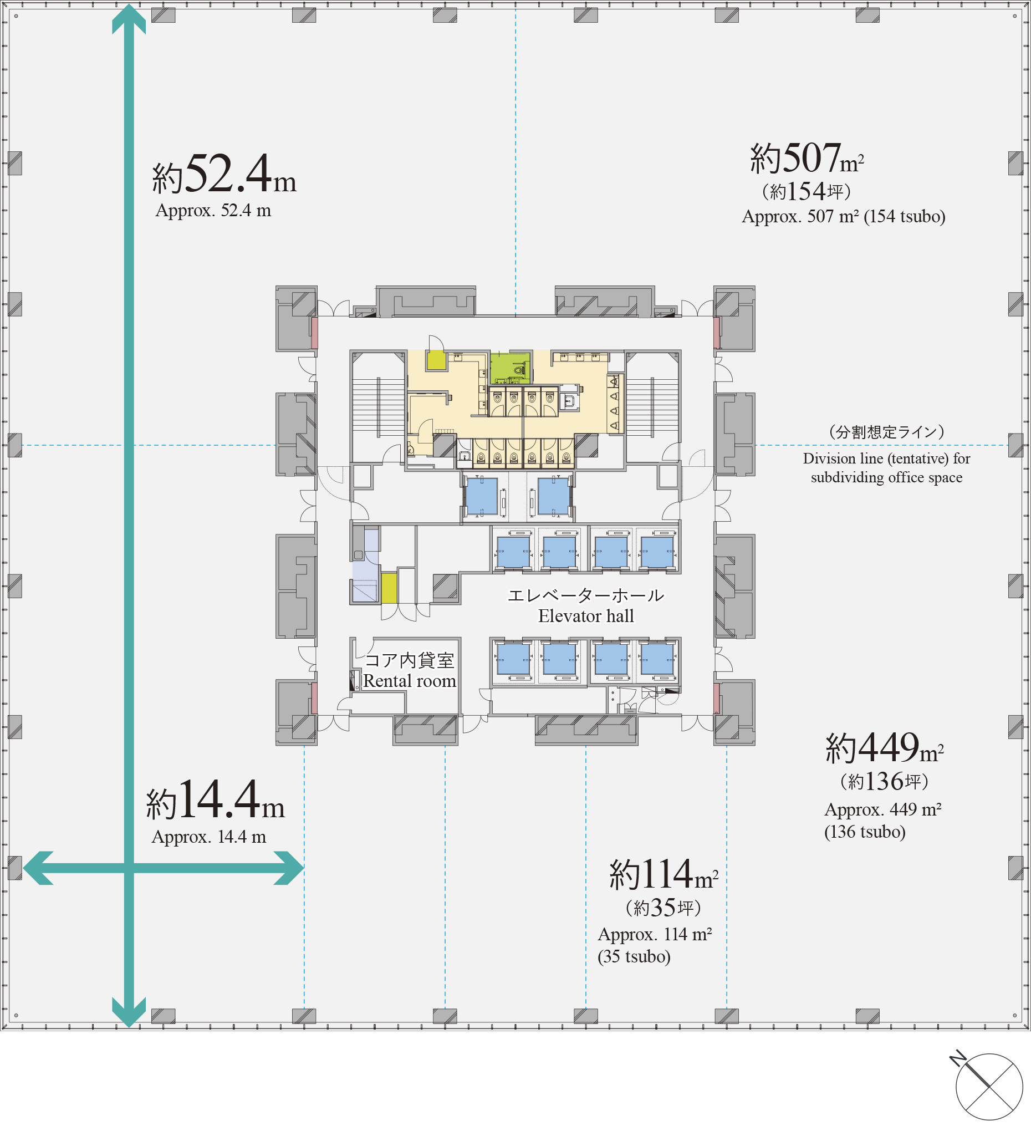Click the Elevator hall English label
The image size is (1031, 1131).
point(585,616)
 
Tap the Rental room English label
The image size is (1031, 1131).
point(410,681)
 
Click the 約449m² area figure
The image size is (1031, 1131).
point(885,748)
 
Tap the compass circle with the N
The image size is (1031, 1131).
point(989,1087)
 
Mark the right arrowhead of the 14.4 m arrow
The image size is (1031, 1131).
point(289,868)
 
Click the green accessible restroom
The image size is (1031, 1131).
point(510,368)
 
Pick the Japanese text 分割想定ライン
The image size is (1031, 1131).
point(887,432)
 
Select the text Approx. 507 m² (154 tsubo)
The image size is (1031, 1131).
point(844,217)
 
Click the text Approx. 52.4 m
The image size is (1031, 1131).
point(213,210)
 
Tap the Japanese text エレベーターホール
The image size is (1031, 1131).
point(585,595)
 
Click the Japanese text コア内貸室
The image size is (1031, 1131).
point(410,660)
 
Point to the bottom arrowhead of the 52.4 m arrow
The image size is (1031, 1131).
point(129,1012)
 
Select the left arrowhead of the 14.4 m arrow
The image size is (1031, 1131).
point(38,868)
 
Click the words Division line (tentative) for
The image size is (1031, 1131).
point(886,459)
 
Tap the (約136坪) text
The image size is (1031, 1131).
point(885,782)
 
